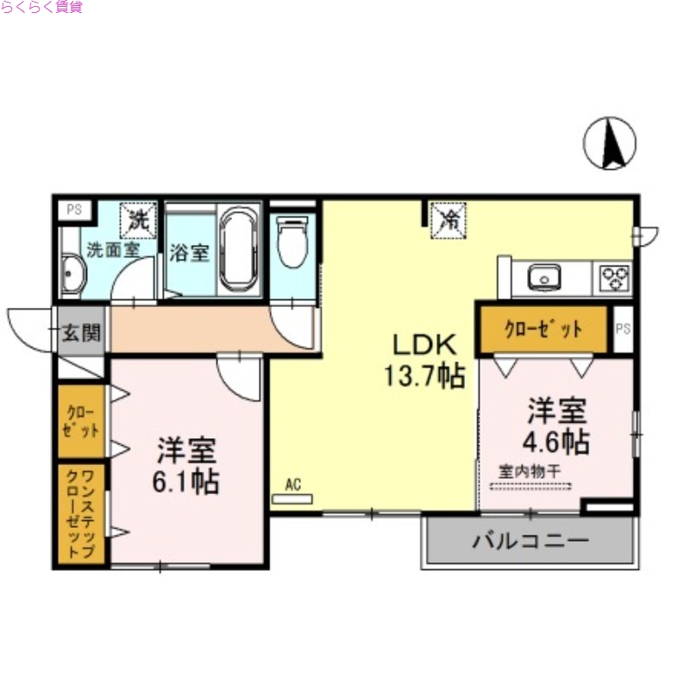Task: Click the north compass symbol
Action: (x=610, y=142)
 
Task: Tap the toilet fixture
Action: (x=293, y=241)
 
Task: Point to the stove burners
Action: (x=616, y=278)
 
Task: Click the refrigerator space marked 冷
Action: (x=448, y=217)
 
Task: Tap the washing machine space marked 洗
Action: (x=137, y=217)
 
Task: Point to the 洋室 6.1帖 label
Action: (x=185, y=466)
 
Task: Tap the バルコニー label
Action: (x=530, y=541)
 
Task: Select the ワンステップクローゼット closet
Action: (x=82, y=514)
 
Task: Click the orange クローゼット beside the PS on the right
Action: (x=543, y=329)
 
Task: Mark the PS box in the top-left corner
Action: (x=74, y=209)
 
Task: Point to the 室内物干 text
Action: (x=530, y=472)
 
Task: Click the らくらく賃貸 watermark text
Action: (x=41, y=9)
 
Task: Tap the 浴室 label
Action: (x=189, y=253)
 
